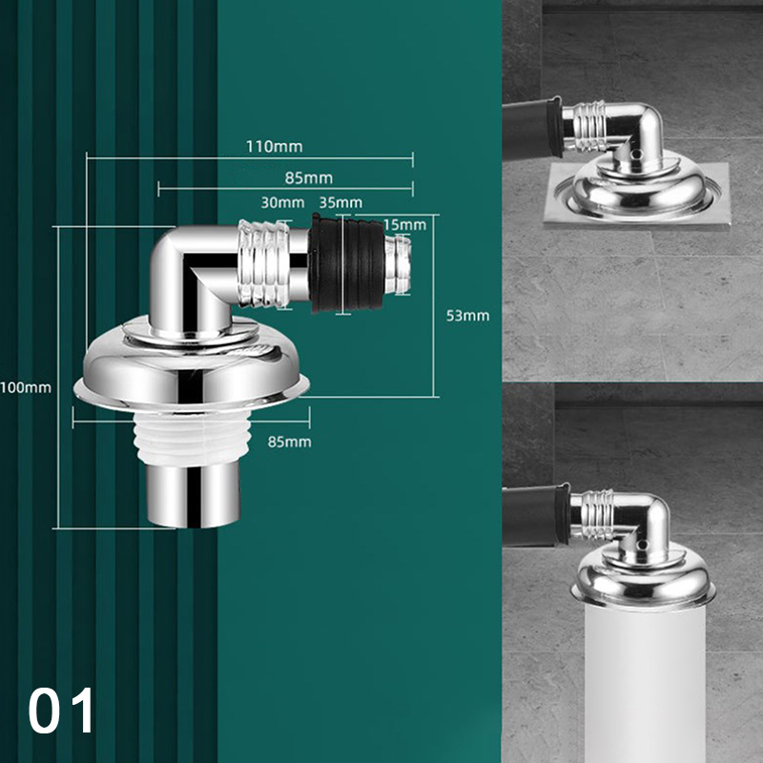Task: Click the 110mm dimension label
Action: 274,146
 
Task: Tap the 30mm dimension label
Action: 282,202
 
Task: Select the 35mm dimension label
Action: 340,202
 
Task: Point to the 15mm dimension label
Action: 404,225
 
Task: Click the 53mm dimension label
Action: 467,316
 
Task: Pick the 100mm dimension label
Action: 26,387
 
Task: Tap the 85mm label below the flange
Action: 290,442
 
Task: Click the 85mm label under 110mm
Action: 309,178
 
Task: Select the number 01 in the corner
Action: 61,710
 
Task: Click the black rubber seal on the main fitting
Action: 346,264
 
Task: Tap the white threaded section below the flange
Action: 193,437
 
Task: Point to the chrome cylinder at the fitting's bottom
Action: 194,495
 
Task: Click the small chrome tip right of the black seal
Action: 398,264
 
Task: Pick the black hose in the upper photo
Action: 532,130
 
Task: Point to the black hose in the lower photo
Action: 536,515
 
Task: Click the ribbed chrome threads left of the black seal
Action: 264,264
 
